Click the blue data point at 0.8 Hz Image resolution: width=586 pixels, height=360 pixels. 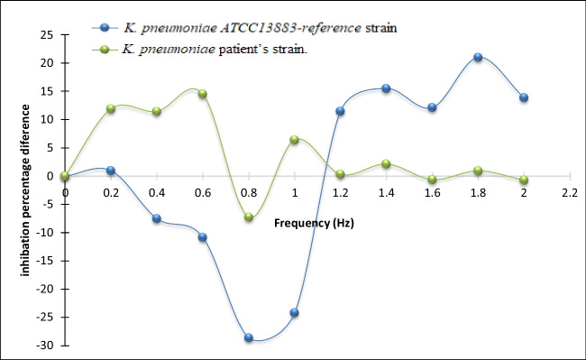(x=249, y=337)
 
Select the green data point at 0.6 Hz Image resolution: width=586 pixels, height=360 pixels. (x=203, y=94)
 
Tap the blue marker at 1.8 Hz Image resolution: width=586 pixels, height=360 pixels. (x=478, y=57)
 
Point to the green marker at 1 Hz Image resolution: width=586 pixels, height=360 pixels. (x=294, y=140)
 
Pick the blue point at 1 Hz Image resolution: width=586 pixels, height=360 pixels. (x=294, y=313)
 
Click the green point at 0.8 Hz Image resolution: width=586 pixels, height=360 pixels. (x=249, y=217)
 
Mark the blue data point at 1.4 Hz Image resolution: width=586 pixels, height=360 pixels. (x=386, y=88)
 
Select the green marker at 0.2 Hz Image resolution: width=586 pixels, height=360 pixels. (x=111, y=108)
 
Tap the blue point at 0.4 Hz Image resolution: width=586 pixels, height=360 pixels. (x=157, y=218)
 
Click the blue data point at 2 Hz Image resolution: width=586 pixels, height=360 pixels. (x=524, y=97)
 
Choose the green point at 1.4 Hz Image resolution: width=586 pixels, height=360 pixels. (x=386, y=164)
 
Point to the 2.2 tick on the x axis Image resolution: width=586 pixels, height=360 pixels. (x=569, y=193)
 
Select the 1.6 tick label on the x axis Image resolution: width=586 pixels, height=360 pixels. (x=432, y=193)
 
